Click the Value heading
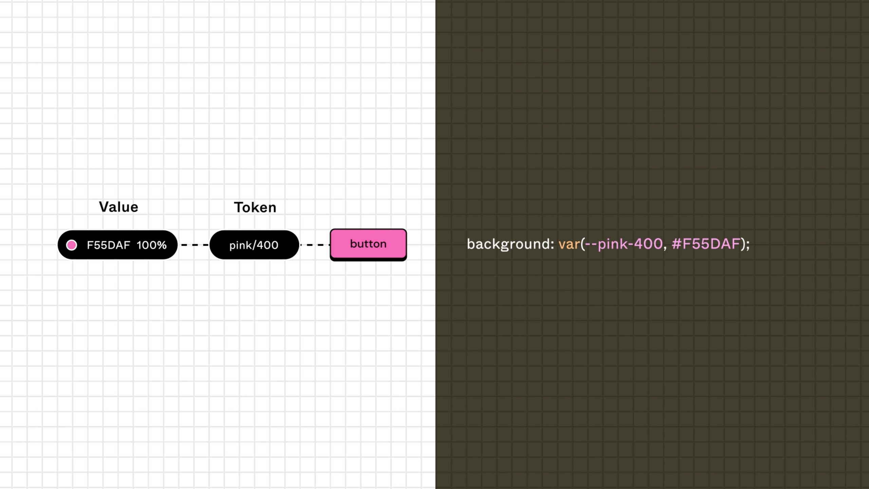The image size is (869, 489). (x=118, y=207)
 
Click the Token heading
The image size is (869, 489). (x=255, y=207)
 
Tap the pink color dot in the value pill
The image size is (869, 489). (x=72, y=245)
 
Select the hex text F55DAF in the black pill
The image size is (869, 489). (x=108, y=245)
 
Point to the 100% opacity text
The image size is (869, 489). (x=151, y=245)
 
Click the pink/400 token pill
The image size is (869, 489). (x=254, y=245)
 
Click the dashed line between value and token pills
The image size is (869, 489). (x=195, y=245)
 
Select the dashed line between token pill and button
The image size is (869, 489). (x=315, y=245)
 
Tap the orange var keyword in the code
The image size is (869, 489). (x=569, y=244)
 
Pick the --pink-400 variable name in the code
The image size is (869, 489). (x=624, y=244)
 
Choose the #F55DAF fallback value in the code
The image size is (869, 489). (x=706, y=244)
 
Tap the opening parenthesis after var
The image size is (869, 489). (x=583, y=244)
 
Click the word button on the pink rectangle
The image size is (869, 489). (x=368, y=244)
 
